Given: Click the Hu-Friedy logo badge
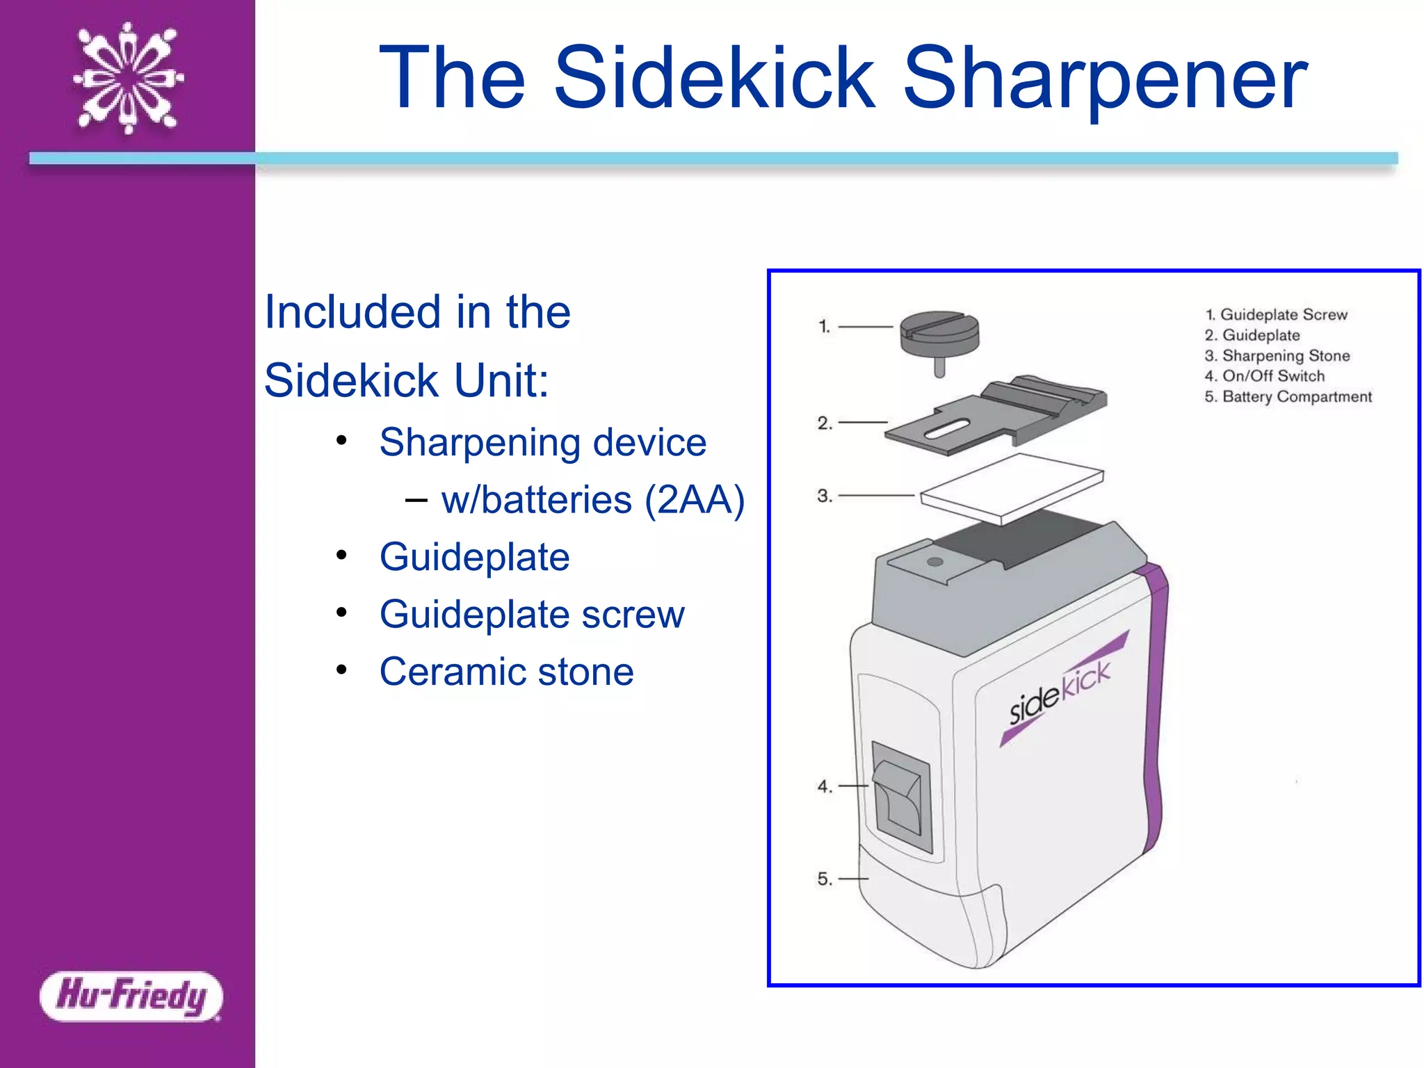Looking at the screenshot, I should (x=131, y=996).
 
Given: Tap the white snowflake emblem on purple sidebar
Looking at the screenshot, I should (x=129, y=78).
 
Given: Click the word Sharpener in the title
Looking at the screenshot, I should (x=1105, y=78).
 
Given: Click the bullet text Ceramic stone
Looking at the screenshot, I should (x=506, y=672).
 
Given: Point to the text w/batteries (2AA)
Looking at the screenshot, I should (x=592, y=500).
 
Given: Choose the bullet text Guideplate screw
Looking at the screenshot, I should (x=532, y=615).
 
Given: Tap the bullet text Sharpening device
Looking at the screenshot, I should (x=542, y=442).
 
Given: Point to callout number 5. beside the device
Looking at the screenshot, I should (x=825, y=879).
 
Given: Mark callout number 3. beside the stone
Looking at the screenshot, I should (x=825, y=496).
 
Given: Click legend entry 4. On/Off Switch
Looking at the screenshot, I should (x=1265, y=376).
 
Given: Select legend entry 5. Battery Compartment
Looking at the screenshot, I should (x=1288, y=397).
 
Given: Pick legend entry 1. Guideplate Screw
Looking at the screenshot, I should (x=1277, y=315).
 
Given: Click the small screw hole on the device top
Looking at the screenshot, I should (x=935, y=561).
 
